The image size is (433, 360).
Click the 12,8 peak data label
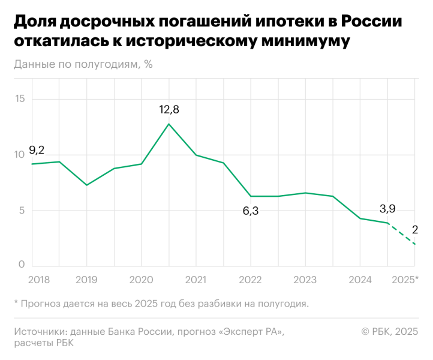coord(169,110)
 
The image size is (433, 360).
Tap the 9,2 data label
coord(37,150)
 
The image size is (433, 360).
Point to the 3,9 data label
coord(387,209)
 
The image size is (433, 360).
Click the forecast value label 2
coord(415,229)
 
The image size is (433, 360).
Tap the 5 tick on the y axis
coord(22,210)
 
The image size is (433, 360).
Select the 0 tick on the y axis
coord(22,265)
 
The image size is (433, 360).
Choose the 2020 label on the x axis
coord(141,280)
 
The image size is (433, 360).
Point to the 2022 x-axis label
coord(251,280)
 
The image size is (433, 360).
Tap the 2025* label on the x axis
coord(405,280)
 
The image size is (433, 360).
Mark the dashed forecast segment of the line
coord(402,233)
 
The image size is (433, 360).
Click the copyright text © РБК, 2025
coord(389,331)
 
